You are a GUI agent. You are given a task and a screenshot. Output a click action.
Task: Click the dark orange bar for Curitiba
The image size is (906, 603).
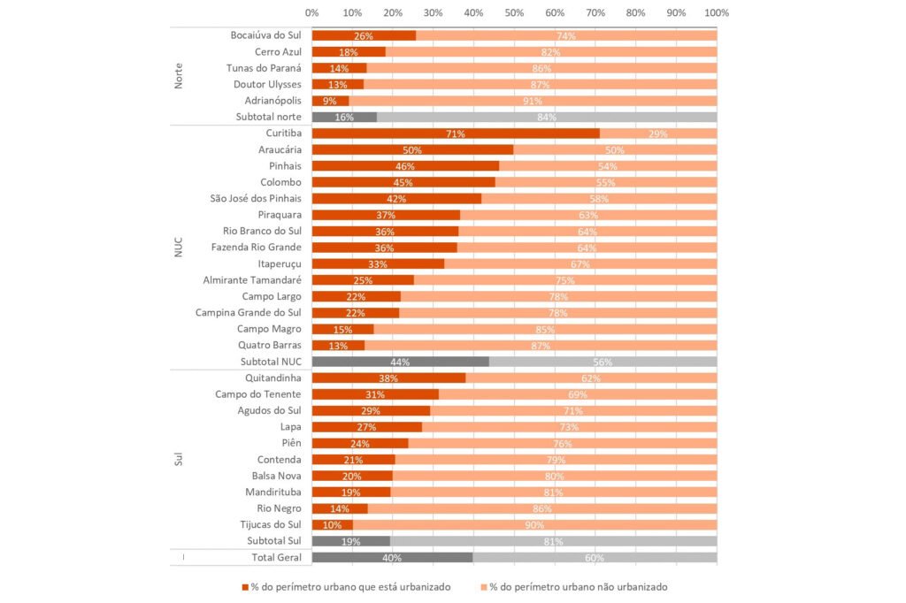coord(456,134)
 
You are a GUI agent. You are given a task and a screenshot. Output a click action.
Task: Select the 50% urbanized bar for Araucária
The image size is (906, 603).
coord(412,150)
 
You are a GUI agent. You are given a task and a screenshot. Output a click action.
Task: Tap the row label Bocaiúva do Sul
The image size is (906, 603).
coord(265,35)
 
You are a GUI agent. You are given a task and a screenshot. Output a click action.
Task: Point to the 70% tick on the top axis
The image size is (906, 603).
coord(595,13)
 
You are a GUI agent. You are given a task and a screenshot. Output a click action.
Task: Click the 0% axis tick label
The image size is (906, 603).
coord(311,13)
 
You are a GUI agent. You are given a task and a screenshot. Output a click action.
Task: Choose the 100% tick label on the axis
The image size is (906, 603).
coord(716,13)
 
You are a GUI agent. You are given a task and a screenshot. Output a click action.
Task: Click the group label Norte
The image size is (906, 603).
coord(179,76)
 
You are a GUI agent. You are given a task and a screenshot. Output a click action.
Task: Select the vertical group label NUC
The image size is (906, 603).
coord(179,248)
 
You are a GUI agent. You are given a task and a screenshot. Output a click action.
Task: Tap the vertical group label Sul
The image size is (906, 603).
coord(179,460)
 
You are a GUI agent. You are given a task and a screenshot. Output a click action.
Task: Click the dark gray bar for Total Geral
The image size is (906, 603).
coord(392,557)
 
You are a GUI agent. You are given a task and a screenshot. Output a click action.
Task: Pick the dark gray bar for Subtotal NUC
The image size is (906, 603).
coord(400,362)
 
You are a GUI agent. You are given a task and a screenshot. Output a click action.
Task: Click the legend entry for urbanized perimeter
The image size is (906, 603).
coord(346,586)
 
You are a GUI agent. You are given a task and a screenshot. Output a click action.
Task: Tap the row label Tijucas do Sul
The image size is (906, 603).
coord(271,524)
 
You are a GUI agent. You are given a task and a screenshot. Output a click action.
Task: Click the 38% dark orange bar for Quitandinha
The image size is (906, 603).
coord(388,378)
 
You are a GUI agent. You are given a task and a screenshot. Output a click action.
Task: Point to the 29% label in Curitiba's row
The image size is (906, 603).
coord(657,134)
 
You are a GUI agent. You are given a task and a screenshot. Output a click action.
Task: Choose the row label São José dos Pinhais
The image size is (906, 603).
coord(256,199)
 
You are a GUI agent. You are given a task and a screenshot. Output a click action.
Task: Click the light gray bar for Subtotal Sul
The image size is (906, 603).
coord(553,541)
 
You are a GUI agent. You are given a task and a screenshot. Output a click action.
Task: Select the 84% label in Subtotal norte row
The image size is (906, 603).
coord(546,118)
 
